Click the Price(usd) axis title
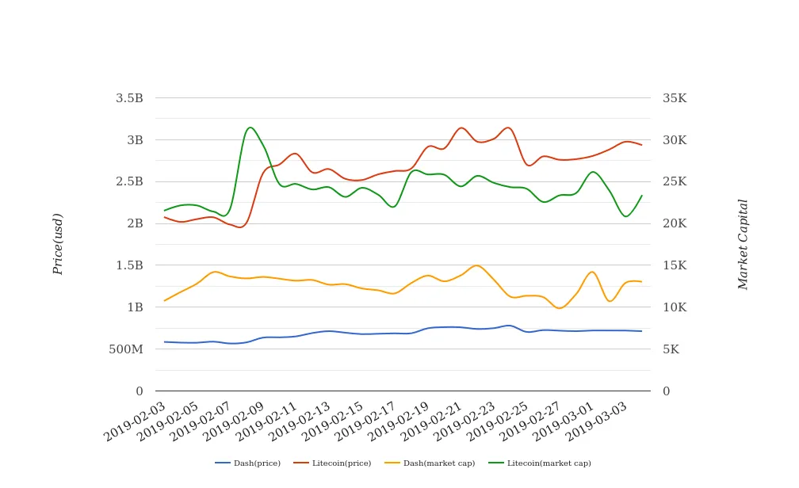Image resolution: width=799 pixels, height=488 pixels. point(58,244)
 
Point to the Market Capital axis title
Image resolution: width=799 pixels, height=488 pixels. point(743,244)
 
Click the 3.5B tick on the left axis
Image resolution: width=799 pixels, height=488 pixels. point(129,98)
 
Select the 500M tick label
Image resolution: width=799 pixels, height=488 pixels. point(126,349)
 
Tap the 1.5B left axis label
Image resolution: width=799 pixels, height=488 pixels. point(129,265)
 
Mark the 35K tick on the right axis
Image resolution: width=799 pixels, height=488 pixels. point(675,98)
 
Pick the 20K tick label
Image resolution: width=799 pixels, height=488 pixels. point(675,223)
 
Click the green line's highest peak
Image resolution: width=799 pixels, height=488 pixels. point(250,128)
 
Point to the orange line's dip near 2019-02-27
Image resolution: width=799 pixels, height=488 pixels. point(560,308)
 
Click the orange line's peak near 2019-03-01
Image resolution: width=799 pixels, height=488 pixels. point(592,272)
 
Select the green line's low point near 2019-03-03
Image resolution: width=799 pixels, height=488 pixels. point(626,216)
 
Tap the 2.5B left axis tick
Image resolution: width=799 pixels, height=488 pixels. point(129,181)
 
